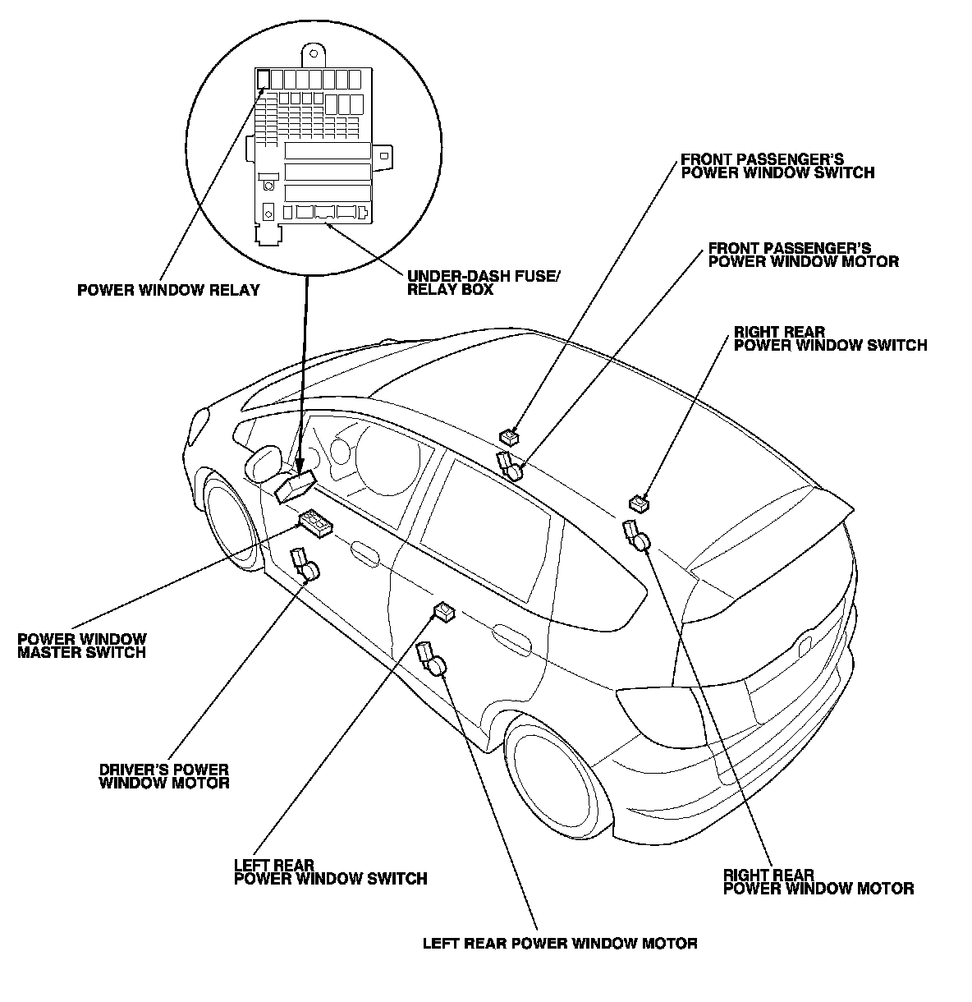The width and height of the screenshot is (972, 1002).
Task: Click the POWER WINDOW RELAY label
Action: tap(167, 290)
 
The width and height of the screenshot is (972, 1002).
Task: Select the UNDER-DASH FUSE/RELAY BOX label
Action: tap(484, 283)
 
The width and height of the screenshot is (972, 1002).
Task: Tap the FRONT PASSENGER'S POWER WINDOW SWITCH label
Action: tap(777, 166)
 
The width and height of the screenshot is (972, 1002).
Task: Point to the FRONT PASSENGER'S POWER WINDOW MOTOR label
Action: tap(803, 255)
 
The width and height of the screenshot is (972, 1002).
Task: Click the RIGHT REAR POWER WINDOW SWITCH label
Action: tap(830, 338)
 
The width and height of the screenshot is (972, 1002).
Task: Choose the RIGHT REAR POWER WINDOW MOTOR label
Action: tap(818, 881)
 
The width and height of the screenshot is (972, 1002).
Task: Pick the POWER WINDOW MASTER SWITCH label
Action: tap(81, 646)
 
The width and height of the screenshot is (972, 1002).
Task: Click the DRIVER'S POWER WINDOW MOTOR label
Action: tap(163, 776)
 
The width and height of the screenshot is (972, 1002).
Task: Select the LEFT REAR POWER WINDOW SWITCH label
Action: tap(330, 872)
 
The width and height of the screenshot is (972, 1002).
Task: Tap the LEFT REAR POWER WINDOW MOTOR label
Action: tap(560, 943)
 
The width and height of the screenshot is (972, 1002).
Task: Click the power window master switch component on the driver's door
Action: tap(316, 522)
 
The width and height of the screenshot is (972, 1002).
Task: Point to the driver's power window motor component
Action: tap(306, 566)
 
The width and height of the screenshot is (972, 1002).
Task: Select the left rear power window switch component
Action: tap(444, 611)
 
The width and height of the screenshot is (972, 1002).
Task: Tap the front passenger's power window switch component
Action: tap(510, 436)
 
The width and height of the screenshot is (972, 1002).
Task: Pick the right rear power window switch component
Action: tap(640, 502)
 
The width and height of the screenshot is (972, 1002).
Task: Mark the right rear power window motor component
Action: tap(635, 535)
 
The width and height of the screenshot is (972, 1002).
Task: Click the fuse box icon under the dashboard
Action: tap(296, 485)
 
